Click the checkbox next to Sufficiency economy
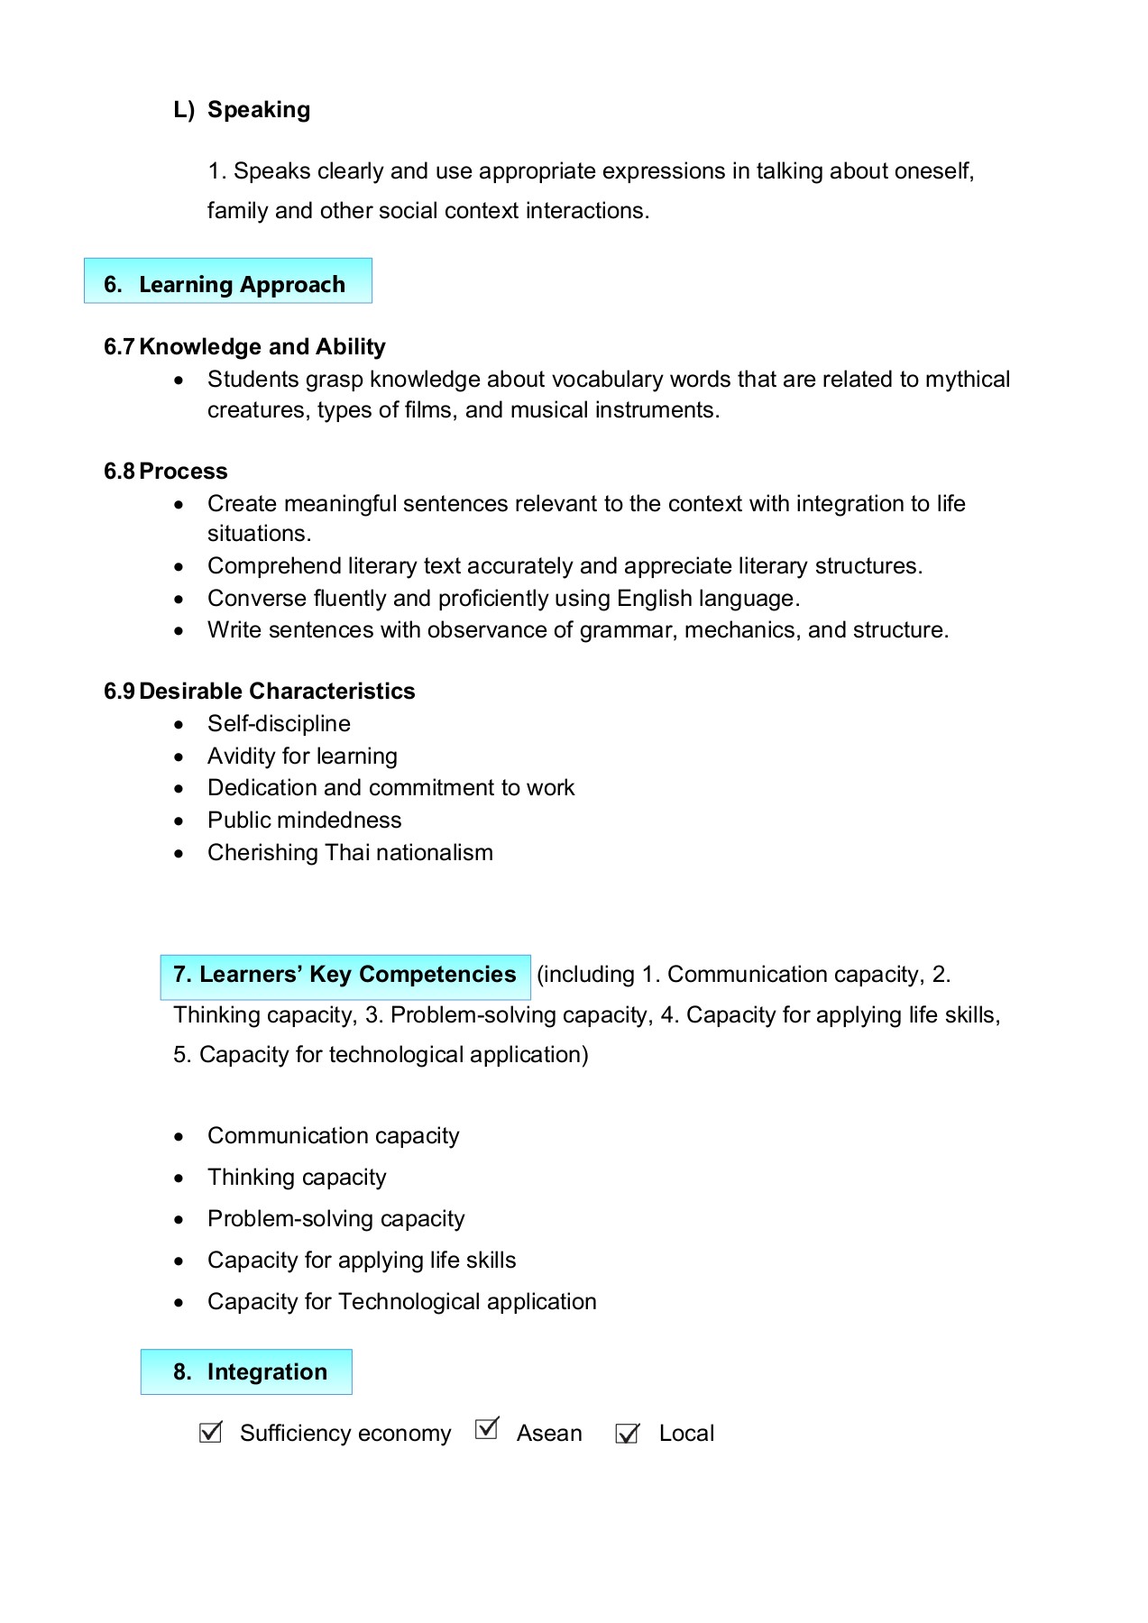point(210,1432)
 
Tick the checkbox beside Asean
point(486,1428)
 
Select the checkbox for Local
point(627,1433)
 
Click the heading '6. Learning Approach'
point(228,284)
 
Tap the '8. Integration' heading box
point(246,1371)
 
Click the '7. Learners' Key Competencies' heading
point(345,975)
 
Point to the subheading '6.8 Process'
point(166,471)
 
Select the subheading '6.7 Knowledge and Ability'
point(244,346)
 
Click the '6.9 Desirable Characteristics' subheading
point(260,691)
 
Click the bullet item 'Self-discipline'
point(279,723)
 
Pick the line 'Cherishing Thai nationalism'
point(350,852)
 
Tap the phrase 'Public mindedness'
point(304,820)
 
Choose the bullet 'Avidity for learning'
point(302,756)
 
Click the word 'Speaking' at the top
point(259,109)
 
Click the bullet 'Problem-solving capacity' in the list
point(335,1218)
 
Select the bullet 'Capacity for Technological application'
point(401,1301)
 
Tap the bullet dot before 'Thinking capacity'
point(179,1178)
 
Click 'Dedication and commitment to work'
point(390,787)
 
